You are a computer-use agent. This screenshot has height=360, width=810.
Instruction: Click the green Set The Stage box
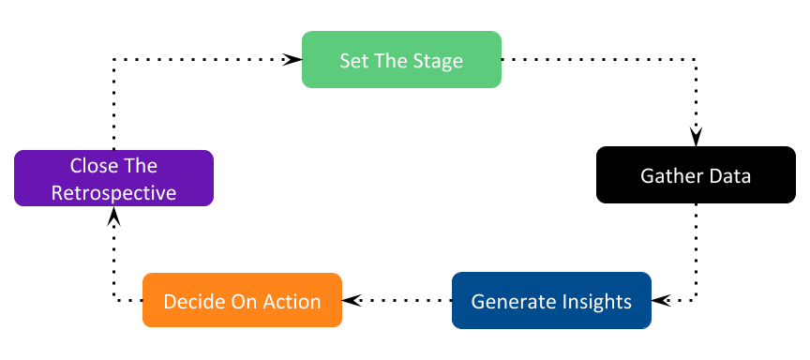401,60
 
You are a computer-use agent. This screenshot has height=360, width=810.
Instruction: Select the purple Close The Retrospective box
113,178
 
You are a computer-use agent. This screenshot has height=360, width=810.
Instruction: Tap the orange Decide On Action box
242,301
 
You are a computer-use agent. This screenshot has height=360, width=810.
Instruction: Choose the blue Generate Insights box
551,301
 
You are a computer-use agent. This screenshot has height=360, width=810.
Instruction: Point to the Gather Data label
695,176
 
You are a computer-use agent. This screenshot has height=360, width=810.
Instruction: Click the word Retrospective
113,194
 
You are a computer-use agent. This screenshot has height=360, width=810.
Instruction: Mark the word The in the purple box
140,166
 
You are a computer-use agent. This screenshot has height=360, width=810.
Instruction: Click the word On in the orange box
241,302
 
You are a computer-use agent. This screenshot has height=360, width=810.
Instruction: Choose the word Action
290,302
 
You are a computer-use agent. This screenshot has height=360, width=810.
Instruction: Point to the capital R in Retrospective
56,194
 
